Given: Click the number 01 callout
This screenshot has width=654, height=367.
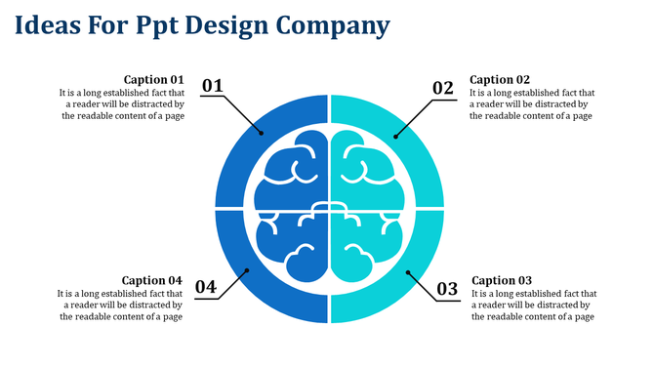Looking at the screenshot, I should (213, 87).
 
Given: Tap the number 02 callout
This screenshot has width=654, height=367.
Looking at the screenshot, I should (443, 88).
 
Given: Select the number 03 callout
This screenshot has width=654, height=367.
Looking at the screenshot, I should (446, 289).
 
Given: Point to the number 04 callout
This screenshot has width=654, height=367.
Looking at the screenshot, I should (205, 287).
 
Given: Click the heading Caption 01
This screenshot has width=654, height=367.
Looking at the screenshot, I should (154, 79).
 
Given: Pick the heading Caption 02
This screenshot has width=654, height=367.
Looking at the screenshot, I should (500, 79).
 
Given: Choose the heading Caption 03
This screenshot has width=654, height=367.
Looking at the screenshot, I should (501, 280).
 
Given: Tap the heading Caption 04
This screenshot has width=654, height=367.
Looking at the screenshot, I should (152, 280).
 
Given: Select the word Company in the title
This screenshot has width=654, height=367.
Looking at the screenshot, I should (333, 24).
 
